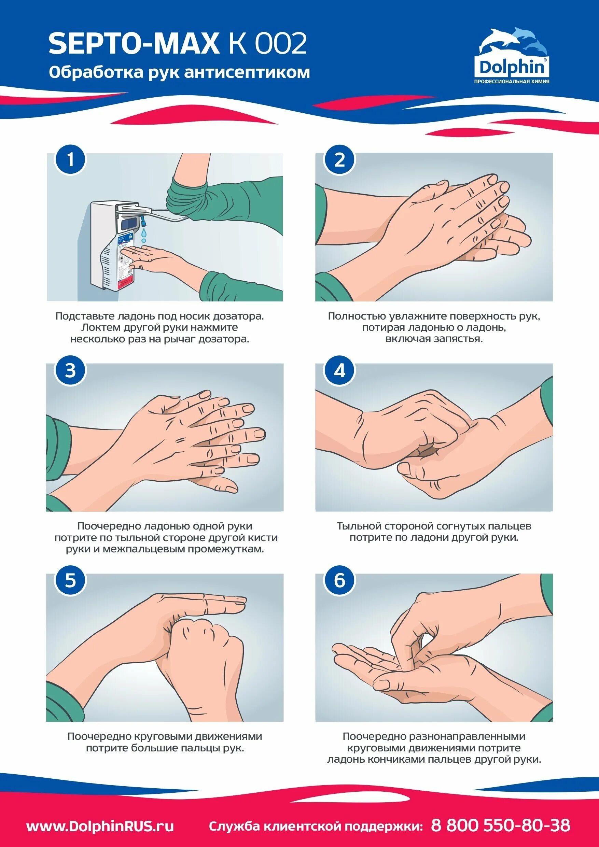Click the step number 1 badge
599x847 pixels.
70,160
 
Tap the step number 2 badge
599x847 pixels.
339,160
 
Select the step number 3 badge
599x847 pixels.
70,370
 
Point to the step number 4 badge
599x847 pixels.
339,370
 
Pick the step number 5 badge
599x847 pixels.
70,580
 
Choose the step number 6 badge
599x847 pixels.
339,580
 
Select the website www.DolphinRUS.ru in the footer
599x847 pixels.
100,816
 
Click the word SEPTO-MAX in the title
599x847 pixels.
134,44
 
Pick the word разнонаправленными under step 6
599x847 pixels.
467,736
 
